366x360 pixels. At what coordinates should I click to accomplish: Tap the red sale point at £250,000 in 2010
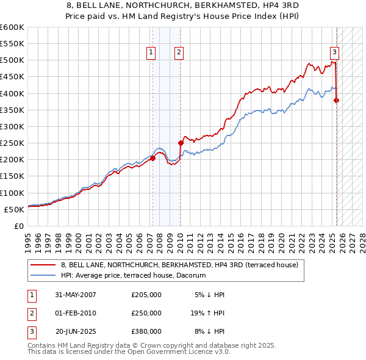point(181,143)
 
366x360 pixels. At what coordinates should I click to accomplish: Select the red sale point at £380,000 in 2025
point(337,100)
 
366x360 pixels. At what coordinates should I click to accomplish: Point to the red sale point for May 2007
point(153,158)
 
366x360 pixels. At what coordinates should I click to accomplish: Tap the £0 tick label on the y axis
point(18,226)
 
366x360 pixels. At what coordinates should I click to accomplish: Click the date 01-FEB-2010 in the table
point(76,313)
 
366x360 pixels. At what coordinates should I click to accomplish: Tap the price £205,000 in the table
point(146,295)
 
